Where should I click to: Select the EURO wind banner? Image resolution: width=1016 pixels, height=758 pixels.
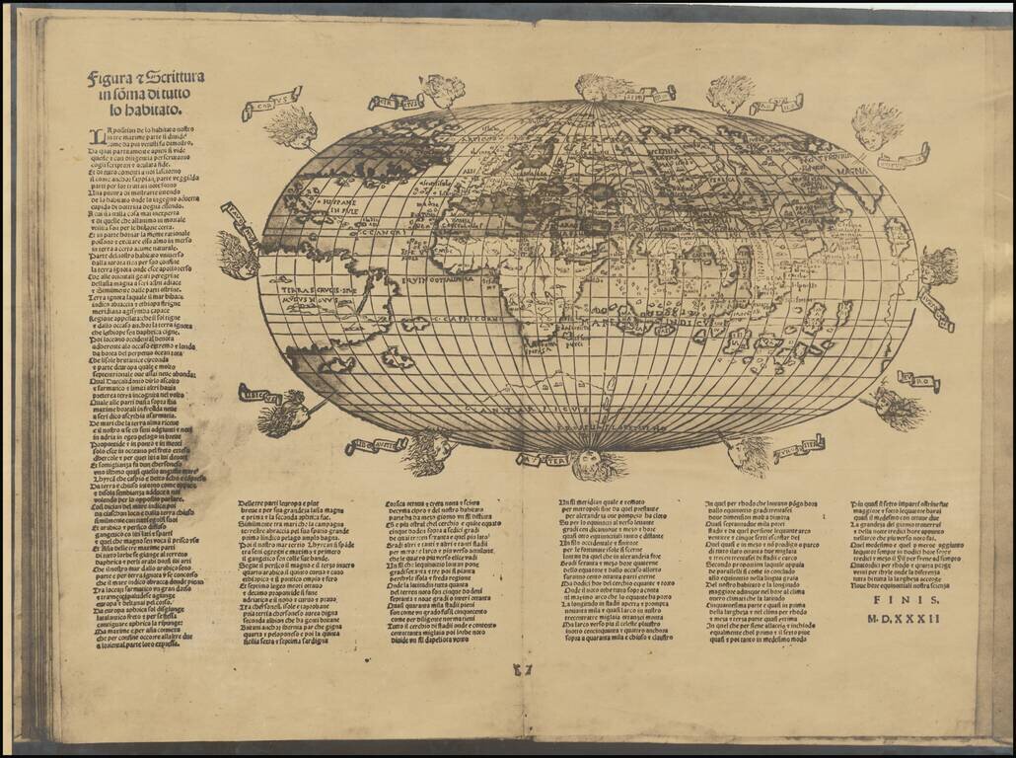tap(918, 377)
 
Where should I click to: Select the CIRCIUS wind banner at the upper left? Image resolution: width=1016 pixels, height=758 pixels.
tap(395, 101)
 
